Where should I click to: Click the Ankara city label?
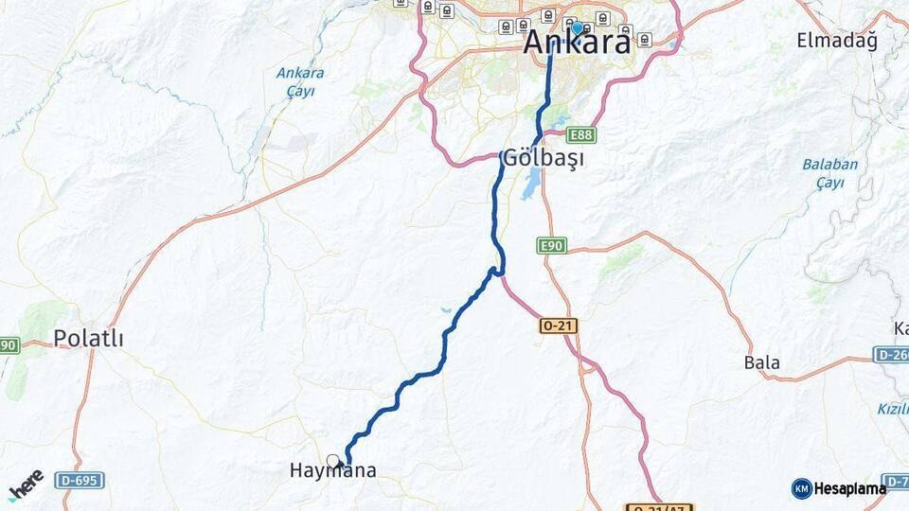point(577,43)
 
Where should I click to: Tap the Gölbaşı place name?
point(543,157)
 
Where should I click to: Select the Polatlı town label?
point(88,338)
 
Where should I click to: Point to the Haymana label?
point(333,470)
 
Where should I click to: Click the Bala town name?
point(762,362)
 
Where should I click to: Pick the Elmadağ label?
point(837,41)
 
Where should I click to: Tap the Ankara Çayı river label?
point(300,81)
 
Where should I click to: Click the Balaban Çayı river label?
point(829,173)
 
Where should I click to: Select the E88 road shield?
point(581,135)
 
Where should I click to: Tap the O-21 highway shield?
point(559,326)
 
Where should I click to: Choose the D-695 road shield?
point(79,480)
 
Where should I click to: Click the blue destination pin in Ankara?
point(577,28)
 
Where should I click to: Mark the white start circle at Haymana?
point(332,461)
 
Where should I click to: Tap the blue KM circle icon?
point(802,488)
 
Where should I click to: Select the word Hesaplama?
point(849,488)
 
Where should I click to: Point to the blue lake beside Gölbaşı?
point(531,185)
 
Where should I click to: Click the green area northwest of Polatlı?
point(44,322)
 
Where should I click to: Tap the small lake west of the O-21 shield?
point(445,309)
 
